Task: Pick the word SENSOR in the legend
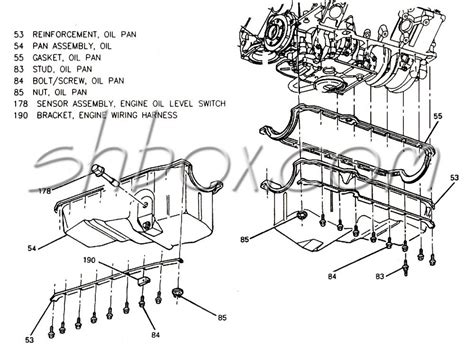(55, 103)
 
